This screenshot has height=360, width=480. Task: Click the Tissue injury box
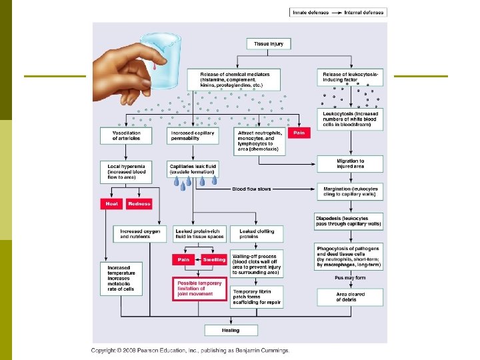coord(268,44)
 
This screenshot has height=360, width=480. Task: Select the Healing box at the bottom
coord(230,330)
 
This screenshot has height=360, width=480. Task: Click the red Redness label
coord(139,203)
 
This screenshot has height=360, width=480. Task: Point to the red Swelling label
coord(213,259)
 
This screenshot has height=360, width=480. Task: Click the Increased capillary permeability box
coord(192,136)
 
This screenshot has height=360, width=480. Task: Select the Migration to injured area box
coord(350,164)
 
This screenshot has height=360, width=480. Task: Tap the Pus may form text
coord(350,277)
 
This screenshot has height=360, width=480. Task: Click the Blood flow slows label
coord(251,189)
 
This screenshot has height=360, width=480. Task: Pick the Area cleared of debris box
coord(350,296)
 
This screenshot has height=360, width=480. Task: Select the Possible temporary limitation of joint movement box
coord(199,289)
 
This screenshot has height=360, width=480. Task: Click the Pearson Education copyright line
coord(190,351)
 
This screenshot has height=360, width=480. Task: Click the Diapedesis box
coord(350,220)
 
